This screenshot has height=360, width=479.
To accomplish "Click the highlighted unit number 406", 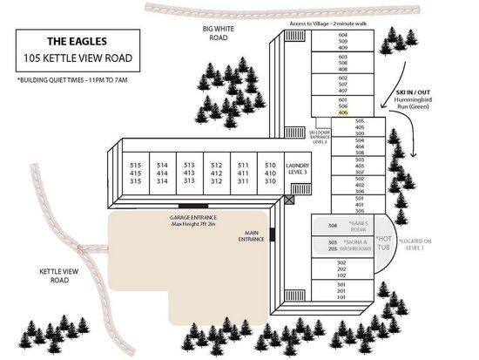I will point(342,112).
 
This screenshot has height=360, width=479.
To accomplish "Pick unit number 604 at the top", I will point(342,35).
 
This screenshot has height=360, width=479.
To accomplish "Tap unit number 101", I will point(342,298).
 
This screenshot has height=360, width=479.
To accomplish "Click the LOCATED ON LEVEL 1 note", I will point(417,243).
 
